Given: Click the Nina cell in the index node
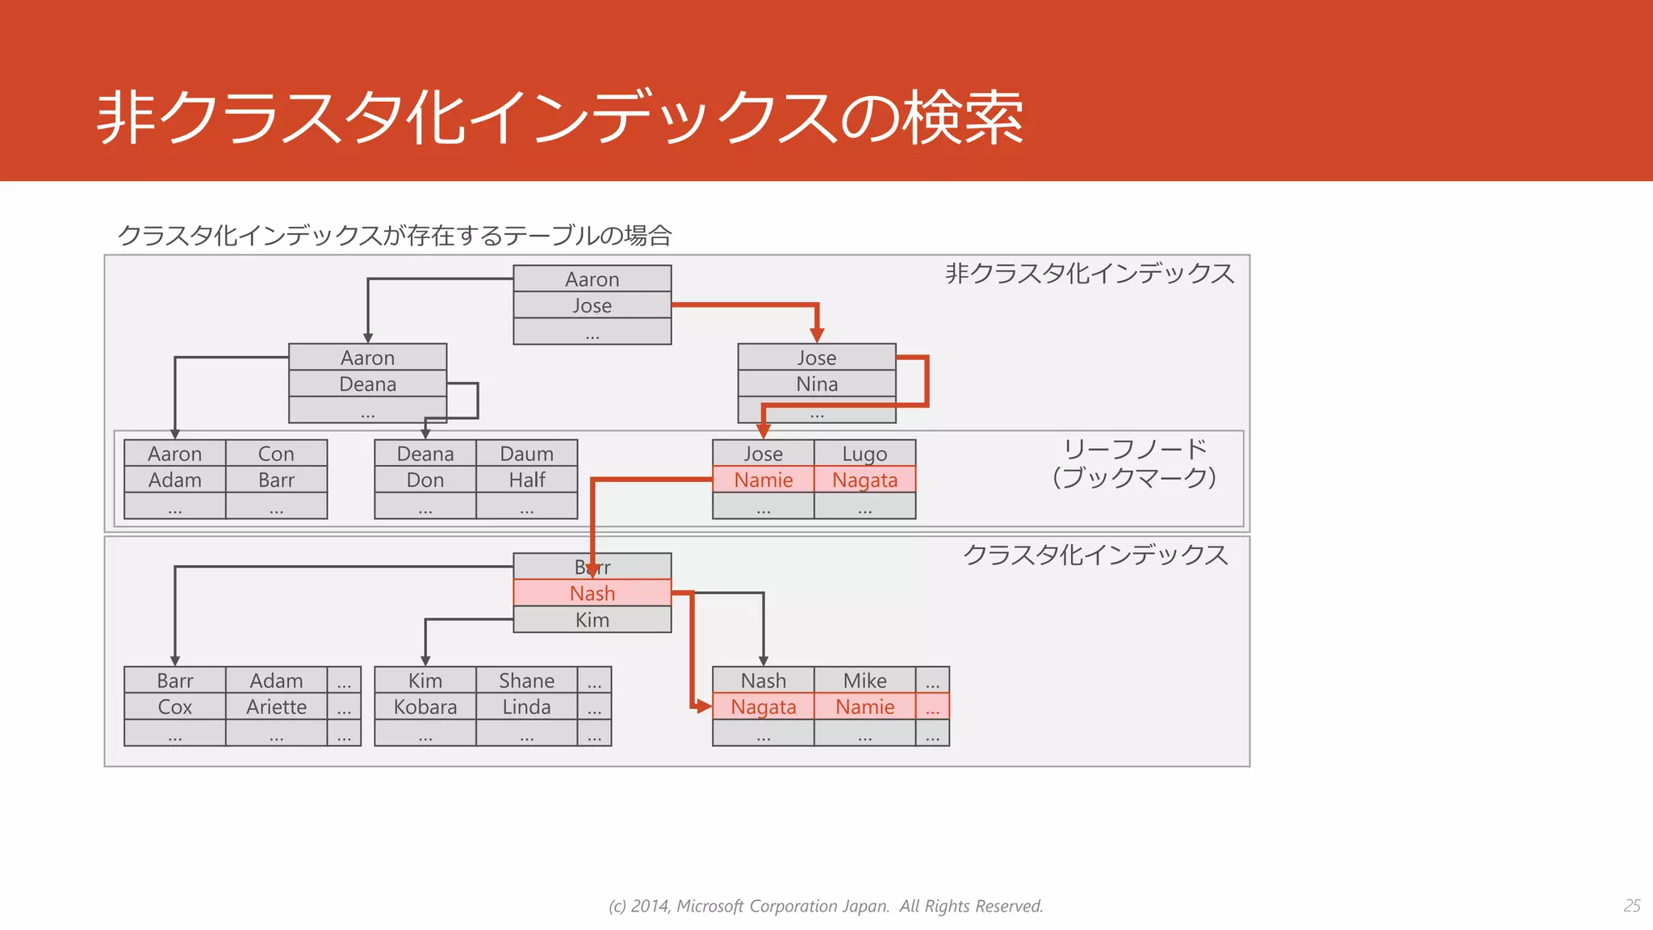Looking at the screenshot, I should tap(817, 384).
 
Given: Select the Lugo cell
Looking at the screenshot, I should tap(864, 454).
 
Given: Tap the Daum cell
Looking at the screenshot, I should tap(526, 454).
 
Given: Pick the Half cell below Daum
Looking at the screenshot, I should tap(526, 480).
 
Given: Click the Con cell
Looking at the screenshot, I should tap(276, 454).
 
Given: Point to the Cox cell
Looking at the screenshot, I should tap(174, 707).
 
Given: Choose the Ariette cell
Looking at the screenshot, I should tap(276, 707).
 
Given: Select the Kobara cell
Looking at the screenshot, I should tap(425, 707).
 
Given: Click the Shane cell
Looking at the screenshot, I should tap(526, 681).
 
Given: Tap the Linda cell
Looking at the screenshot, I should tap(526, 707).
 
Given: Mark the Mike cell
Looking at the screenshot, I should tap(864, 681).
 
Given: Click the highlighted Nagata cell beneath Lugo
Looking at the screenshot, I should tap(864, 480).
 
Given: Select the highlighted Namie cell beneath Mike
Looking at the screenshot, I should tap(864, 707).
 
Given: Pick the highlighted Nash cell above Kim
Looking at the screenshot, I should tap(592, 593).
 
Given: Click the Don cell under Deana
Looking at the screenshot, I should tap(425, 480).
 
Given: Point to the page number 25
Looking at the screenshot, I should tap(1632, 906).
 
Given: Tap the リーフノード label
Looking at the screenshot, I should tap(1135, 449).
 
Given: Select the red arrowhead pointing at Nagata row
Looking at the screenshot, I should tap(703, 707).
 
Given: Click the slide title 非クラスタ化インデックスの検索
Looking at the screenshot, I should tap(560, 119).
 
